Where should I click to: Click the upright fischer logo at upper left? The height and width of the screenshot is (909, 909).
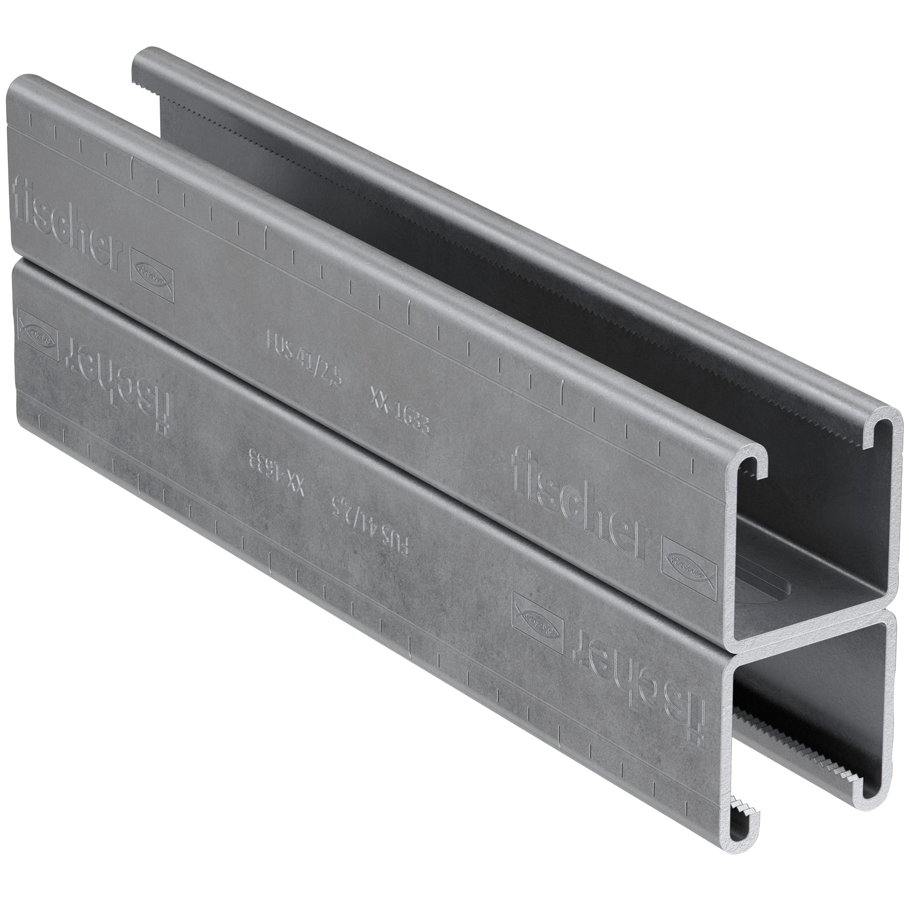(66, 224)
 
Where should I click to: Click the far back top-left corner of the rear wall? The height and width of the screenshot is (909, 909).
(141, 52)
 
